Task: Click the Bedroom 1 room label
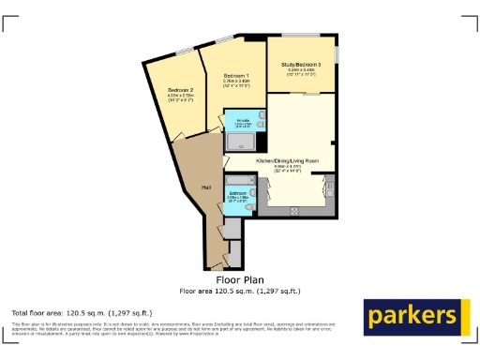pos(234,75)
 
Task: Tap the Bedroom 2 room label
pos(179,89)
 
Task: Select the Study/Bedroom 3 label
pos(301,65)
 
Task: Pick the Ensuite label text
pos(242,123)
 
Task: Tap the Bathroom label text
pos(238,194)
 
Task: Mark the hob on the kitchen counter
pos(295,212)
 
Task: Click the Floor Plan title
pos(240,279)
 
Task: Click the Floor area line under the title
pos(240,290)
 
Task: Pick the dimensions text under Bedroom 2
pos(179,97)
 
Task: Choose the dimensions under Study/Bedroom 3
pos(301,72)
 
